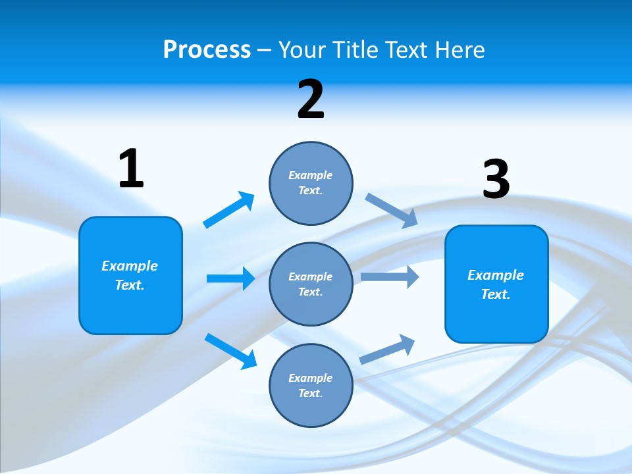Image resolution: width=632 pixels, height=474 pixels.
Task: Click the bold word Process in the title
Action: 207,49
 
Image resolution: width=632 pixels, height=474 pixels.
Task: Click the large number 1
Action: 131,169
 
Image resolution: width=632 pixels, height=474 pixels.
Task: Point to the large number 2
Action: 311,99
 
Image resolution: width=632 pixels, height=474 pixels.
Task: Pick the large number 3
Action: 496,179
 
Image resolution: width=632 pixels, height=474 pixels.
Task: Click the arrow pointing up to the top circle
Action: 228,210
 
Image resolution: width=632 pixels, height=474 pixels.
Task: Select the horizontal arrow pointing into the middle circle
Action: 230,278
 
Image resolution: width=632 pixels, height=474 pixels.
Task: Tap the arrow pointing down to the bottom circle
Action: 230,350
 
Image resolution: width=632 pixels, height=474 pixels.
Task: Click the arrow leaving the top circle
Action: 391,210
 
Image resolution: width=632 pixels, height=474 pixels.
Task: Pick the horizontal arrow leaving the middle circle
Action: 390,276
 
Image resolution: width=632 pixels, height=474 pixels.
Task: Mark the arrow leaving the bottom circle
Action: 388,349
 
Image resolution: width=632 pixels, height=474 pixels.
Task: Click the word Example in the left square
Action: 130,266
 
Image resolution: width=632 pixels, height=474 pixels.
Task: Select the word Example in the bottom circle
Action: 310,378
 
